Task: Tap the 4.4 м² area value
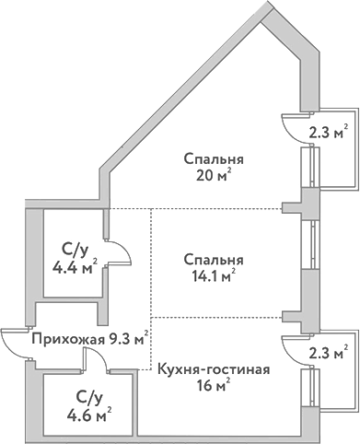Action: [x=75, y=268]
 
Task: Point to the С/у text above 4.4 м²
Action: [x=75, y=251]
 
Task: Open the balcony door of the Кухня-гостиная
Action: [x=294, y=349]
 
